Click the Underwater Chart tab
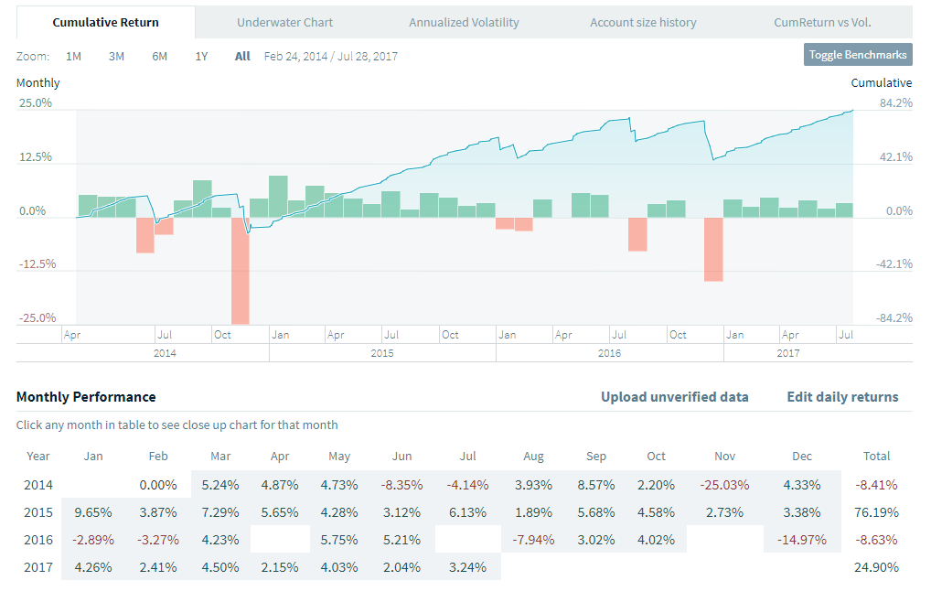click(284, 22)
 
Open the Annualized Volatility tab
click(464, 22)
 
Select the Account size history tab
click(643, 22)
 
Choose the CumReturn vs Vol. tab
click(823, 22)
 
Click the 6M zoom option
click(159, 56)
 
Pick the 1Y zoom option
click(201, 56)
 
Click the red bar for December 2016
click(713, 249)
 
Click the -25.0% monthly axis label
click(36, 317)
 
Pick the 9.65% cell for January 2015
click(92, 512)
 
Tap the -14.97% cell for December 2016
click(801, 540)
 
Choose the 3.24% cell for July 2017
click(467, 567)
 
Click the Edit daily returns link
click(842, 397)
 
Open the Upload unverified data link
click(674, 397)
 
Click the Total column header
click(876, 456)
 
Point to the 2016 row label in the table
click(38, 540)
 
